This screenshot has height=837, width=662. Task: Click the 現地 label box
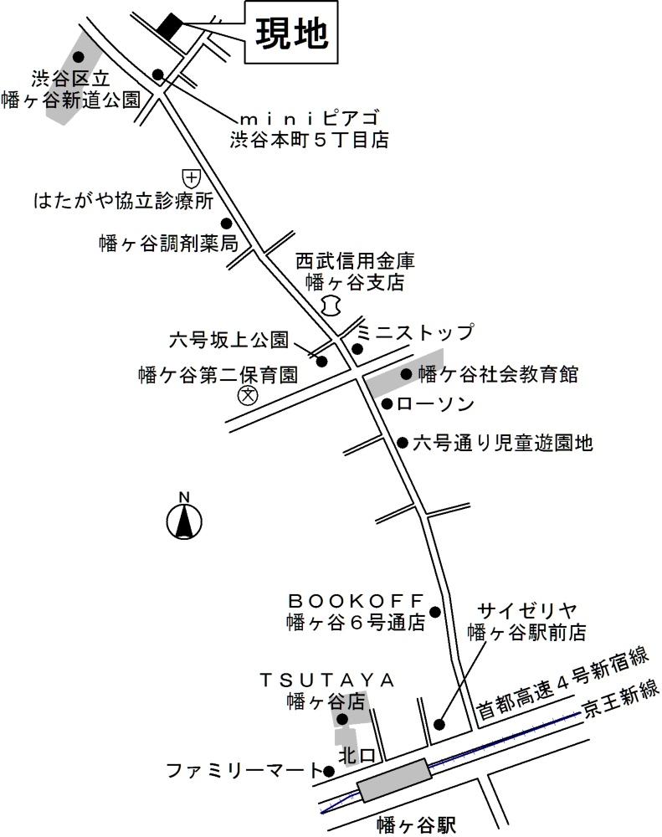tap(290, 33)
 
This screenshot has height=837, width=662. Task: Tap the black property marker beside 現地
tap(169, 26)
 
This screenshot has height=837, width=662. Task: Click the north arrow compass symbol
tap(184, 520)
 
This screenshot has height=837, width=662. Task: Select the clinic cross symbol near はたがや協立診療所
tap(192, 177)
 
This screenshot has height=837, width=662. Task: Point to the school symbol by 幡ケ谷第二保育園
tap(248, 396)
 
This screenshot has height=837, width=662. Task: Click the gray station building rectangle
tap(393, 780)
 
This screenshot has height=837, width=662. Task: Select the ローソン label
tap(435, 405)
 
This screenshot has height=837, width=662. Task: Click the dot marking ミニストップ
tap(357, 349)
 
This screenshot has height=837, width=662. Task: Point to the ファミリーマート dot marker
tap(316, 770)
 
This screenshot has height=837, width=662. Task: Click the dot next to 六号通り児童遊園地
tap(403, 443)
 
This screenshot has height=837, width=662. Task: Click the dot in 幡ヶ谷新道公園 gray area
tap(78, 57)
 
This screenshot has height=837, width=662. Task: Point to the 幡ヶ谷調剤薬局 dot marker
tap(226, 223)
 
